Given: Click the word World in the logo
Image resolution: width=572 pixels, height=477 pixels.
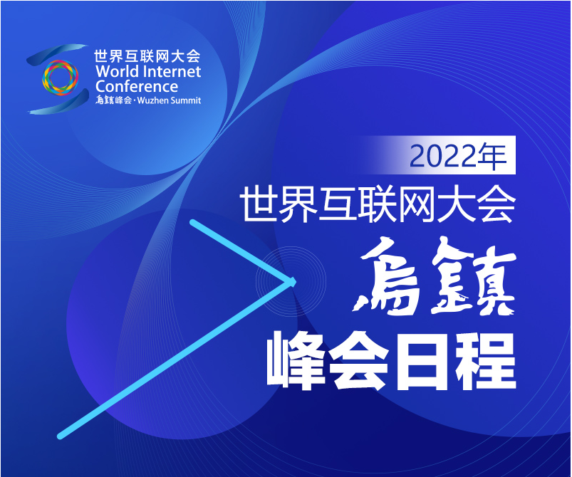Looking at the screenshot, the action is (x=114, y=71).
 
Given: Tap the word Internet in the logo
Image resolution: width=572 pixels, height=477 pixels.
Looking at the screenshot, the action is (x=170, y=71).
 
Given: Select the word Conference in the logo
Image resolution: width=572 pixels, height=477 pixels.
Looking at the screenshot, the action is (x=137, y=86).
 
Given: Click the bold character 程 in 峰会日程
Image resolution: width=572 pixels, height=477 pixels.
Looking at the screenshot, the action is (x=485, y=361).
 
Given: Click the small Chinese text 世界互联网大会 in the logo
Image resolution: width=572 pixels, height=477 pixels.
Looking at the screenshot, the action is (x=147, y=56).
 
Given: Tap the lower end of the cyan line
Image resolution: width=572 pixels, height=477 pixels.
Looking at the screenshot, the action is (x=60, y=436).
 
